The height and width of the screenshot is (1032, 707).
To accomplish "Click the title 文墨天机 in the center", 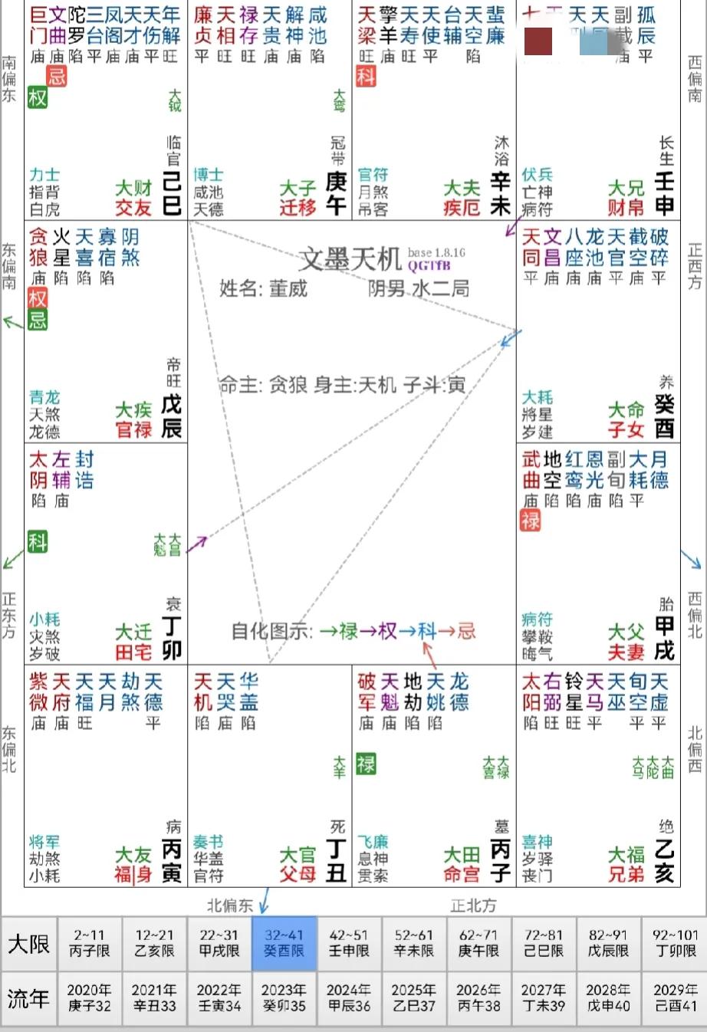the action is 350,259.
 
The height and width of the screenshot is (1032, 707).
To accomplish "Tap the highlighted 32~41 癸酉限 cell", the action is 284,943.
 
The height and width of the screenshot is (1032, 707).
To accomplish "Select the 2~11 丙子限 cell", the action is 90,943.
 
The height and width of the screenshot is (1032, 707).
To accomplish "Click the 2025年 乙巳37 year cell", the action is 413,997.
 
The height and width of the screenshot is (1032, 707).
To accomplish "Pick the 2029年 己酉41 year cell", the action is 675,997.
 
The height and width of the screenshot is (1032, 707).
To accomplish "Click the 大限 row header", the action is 28,943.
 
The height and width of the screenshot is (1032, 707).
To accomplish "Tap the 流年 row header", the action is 28,997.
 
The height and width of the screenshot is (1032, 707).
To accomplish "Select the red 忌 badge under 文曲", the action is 57,76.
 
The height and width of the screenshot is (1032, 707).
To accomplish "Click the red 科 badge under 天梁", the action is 367,76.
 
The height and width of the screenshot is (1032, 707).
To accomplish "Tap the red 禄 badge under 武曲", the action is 531,521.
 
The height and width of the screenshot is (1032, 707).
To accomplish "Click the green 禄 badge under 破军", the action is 367,764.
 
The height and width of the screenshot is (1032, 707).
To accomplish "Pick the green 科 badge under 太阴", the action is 38,541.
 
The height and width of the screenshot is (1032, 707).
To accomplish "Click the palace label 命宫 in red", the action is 462,873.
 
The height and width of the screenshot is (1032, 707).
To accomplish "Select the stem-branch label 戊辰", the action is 171,416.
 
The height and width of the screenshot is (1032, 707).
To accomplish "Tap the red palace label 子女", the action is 626,429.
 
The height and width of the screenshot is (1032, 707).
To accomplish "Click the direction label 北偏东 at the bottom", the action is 229,905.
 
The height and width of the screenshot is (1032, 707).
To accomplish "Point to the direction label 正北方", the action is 473,905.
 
